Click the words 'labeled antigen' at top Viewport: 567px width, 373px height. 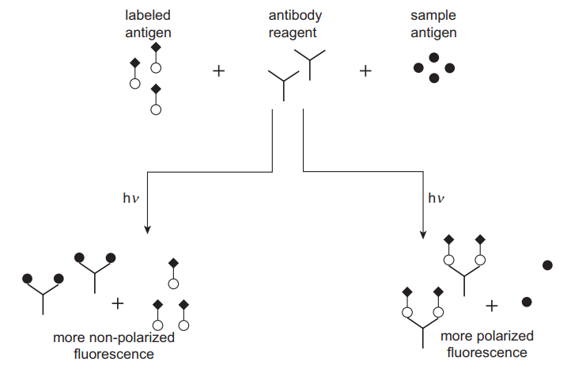pos(149,24)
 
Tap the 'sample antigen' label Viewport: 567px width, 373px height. pos(433,24)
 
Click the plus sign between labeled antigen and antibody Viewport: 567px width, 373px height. pos(219,71)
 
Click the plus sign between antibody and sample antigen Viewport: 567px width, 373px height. pos(365,71)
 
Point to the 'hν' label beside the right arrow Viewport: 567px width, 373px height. pos(437,198)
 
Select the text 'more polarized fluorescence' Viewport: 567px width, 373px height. pos(486,344)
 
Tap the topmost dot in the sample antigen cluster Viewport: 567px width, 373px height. pos(434,57)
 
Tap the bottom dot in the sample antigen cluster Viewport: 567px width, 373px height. pos(434,78)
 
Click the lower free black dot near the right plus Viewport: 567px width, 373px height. pos(527,301)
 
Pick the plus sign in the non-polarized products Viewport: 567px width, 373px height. pos(119,303)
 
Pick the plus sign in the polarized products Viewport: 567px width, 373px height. pos(491,304)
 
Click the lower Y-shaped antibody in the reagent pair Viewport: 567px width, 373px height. pos(282,82)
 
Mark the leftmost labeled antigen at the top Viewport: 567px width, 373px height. pos(134,73)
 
